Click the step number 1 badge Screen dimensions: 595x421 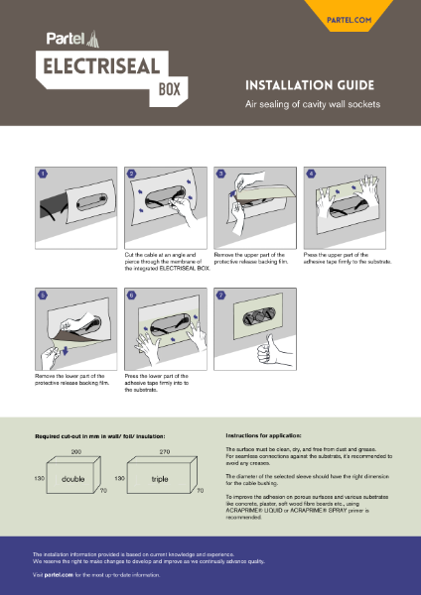[x=42, y=173]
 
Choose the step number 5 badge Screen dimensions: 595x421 [x=42, y=296]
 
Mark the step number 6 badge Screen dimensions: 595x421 [x=131, y=296]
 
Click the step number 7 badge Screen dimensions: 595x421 [x=220, y=296]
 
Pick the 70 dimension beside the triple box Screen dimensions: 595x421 [x=200, y=491]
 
